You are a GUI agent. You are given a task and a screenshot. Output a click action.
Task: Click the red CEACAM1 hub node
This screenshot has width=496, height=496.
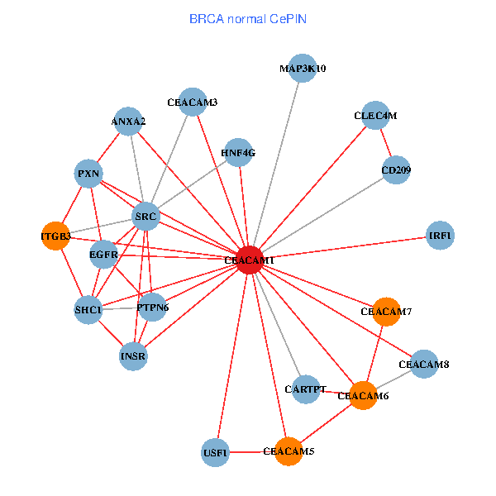250,260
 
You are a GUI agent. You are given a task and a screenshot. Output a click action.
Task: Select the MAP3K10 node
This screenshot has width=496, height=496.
302,69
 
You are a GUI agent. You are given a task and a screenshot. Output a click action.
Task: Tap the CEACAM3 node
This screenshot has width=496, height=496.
192,103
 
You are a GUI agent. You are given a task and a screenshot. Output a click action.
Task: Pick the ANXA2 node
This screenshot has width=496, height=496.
128,122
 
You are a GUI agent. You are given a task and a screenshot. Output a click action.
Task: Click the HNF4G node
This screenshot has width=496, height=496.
238,152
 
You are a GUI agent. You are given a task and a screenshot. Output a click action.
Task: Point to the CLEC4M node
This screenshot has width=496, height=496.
375,116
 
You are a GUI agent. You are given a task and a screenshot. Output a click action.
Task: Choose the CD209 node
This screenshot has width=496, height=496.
396,170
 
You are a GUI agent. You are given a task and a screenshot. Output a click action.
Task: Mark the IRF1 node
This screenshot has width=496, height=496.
441,236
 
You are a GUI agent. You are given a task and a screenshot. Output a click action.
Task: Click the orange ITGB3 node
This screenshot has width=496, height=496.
55,236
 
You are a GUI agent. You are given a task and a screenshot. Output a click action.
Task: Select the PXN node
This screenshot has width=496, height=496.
88,174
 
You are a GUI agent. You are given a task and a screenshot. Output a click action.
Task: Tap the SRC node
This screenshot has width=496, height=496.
145,217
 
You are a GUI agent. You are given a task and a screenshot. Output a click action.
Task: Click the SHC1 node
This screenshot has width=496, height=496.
88,310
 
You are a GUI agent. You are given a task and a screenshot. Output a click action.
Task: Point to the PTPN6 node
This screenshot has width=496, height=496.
152,308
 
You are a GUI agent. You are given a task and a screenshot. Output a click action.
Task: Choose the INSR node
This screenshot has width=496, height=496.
133,357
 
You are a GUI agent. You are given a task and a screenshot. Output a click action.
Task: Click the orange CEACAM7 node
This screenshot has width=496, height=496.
386,312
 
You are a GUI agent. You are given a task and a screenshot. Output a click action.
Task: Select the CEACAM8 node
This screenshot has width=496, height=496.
423,364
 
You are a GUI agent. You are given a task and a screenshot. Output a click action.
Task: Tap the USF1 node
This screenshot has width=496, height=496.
215,452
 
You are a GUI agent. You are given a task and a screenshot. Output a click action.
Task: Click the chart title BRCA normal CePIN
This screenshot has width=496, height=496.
248,17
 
